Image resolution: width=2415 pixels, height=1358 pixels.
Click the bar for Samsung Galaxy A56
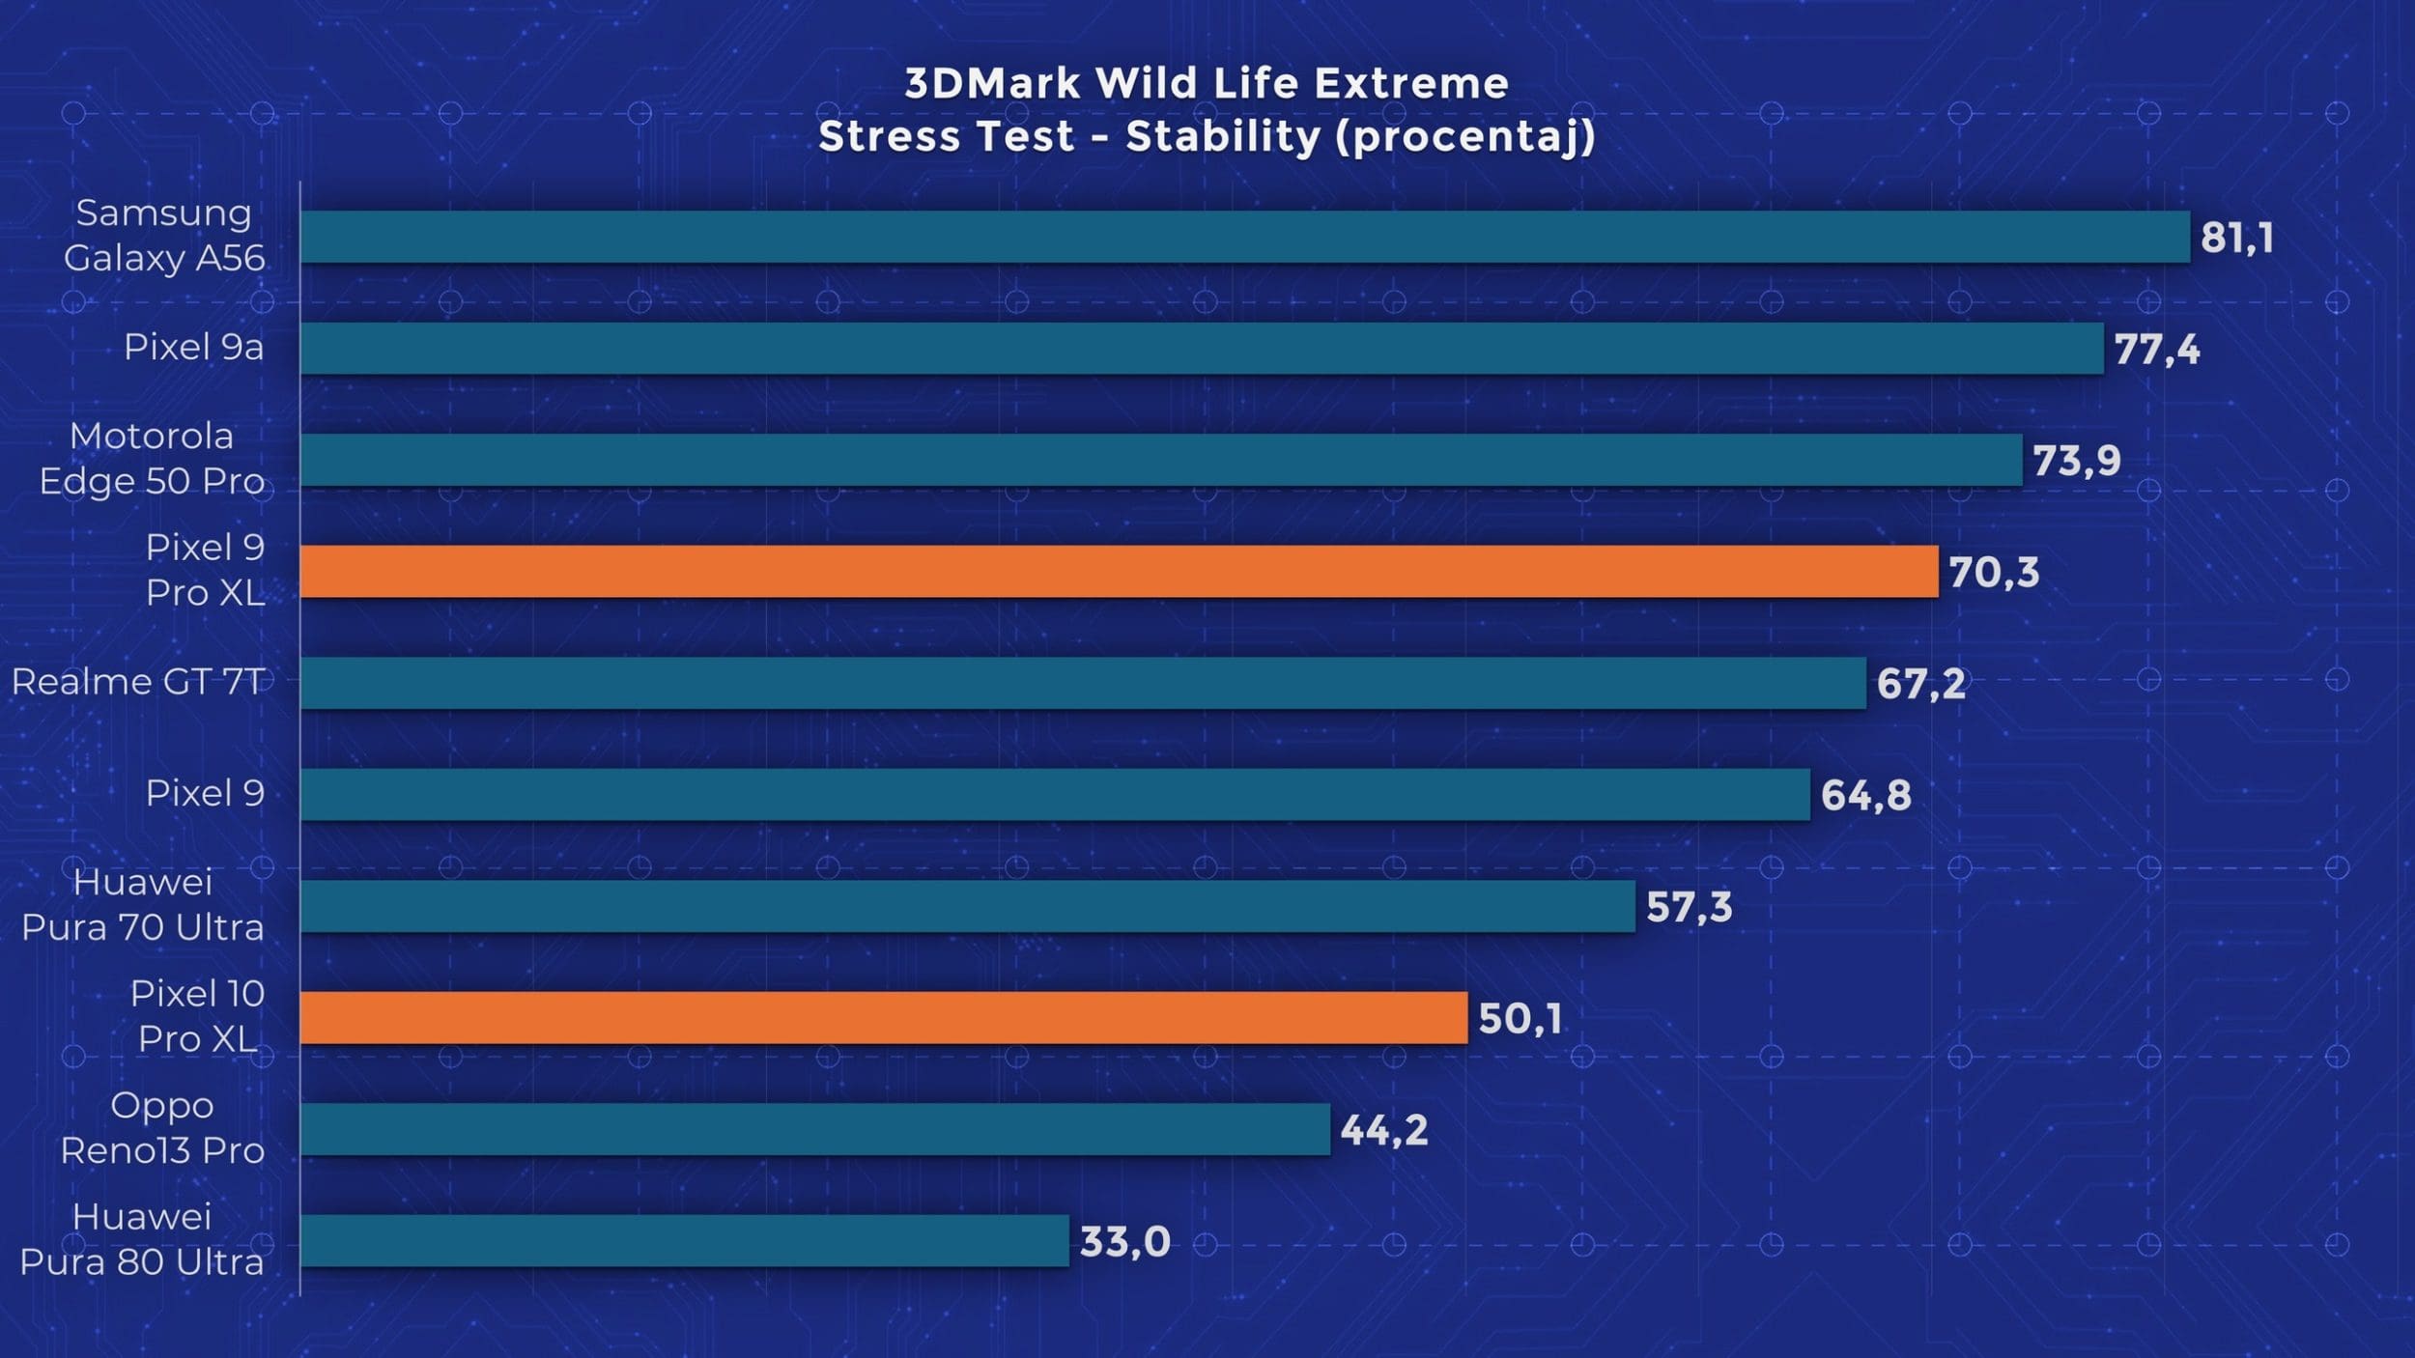pos(1244,237)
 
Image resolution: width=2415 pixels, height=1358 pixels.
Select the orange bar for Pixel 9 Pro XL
pos(1119,572)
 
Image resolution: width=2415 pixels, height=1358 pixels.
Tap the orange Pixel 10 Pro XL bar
pos(883,1018)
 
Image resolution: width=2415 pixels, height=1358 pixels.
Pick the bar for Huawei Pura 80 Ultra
pos(684,1241)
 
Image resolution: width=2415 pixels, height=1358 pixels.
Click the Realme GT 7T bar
pos(1082,683)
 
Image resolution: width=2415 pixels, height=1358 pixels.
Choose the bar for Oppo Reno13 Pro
pos(814,1129)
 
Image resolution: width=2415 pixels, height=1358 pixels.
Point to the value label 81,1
pos(2236,238)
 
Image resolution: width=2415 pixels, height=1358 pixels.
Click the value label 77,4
pos(2156,350)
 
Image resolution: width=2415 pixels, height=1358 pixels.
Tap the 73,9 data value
pos(2076,461)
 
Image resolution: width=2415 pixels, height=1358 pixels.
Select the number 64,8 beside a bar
pos(1865,796)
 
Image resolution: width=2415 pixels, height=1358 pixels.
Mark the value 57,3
pos(1689,907)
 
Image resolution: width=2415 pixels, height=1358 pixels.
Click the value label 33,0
pos(1124,1242)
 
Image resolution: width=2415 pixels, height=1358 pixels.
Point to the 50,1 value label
pos(1520,1019)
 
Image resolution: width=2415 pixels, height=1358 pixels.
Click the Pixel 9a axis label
pos(193,347)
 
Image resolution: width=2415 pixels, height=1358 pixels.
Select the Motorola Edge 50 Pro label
pos(152,459)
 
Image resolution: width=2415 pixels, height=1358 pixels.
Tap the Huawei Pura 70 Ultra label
pos(143,905)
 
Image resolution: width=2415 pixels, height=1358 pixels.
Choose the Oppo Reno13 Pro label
pos(162,1128)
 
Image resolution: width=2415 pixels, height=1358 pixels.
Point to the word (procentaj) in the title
pos(1465,137)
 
